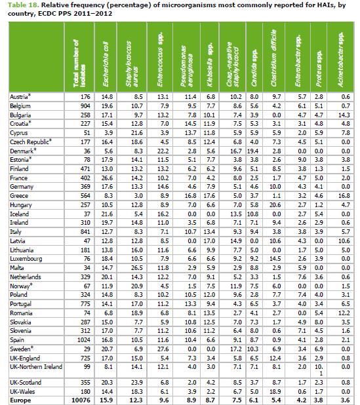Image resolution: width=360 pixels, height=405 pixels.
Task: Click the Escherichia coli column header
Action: click(106, 64)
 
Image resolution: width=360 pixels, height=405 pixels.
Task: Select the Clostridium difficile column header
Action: click(273, 58)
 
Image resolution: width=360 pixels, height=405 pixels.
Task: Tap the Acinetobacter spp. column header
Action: click(340, 60)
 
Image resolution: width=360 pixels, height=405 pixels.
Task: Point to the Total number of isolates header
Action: click(79, 64)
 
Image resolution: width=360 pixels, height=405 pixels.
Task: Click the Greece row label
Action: click(19, 196)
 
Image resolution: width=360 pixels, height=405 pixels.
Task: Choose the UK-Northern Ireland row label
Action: click(36, 367)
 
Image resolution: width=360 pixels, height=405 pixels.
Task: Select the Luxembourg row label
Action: click(26, 259)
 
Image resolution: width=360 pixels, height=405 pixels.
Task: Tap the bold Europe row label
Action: click(20, 400)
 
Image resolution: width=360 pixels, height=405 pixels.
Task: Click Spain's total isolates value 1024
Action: click(84, 340)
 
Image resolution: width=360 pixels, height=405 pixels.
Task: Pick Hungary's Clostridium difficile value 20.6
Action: click(275, 205)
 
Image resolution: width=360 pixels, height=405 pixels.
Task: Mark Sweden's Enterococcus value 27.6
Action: click(163, 349)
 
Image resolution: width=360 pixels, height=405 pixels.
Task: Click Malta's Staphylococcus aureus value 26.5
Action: click(137, 268)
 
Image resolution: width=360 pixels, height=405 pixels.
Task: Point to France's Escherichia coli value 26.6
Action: click(107, 178)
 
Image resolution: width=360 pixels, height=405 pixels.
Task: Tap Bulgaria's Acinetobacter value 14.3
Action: click(344, 115)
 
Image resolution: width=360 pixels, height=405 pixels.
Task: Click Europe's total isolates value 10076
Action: click(81, 400)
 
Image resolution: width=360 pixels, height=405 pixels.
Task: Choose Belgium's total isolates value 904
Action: click(85, 106)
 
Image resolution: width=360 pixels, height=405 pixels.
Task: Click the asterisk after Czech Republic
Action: click(50, 140)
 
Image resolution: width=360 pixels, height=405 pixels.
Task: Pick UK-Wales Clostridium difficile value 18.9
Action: click(275, 392)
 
